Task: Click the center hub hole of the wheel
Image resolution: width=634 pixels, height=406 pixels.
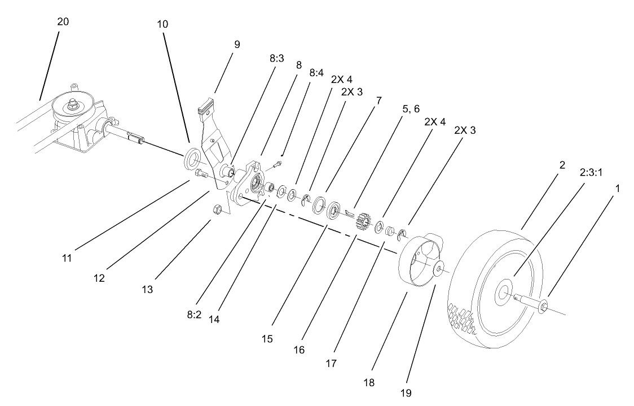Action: (500, 294)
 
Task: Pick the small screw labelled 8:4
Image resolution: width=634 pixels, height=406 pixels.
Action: (276, 164)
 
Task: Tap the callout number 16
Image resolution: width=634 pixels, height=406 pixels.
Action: (299, 350)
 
